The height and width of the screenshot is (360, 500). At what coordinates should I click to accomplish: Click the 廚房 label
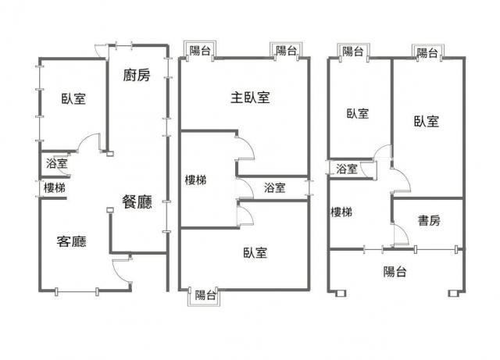[x=137, y=76]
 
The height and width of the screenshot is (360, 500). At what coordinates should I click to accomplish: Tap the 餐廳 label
[x=137, y=201]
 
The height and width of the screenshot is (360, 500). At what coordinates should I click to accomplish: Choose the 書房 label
[x=428, y=221]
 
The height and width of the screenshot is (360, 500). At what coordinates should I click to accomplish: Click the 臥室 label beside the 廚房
[x=73, y=99]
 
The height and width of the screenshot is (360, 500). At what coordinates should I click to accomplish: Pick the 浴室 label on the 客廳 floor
[x=57, y=164]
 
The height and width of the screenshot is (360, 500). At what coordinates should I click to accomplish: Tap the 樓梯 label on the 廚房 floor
[x=55, y=188]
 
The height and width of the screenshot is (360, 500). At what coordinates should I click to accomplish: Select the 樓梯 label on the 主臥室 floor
[x=195, y=180]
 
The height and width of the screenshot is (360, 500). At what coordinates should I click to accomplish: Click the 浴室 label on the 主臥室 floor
[x=274, y=188]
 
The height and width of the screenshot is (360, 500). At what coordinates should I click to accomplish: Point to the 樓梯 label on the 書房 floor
[x=341, y=212]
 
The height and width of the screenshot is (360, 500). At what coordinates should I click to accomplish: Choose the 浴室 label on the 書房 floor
[x=347, y=169]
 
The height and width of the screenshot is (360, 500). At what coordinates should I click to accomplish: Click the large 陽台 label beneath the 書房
[x=395, y=272]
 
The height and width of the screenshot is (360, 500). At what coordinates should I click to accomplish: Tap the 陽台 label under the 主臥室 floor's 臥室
[x=205, y=295]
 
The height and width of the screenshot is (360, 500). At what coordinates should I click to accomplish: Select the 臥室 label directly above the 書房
[x=426, y=121]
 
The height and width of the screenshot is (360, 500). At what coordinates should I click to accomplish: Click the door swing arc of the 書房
[x=399, y=233]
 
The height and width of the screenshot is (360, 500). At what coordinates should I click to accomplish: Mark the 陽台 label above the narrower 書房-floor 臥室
[x=353, y=52]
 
